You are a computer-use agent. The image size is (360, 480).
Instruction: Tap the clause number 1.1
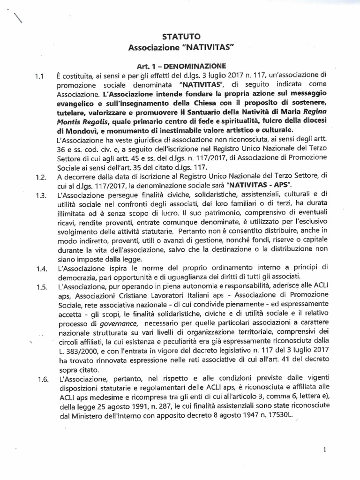point(39,75)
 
